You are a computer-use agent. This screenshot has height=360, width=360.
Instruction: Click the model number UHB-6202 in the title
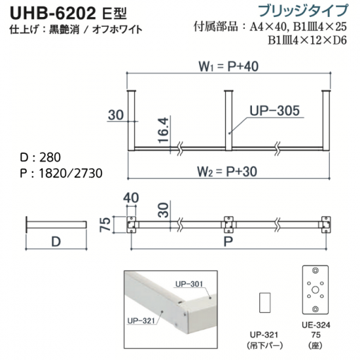point(53,13)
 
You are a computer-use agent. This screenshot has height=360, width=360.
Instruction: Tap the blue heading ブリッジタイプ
point(304,11)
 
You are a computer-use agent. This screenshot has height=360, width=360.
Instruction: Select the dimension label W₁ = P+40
point(228,66)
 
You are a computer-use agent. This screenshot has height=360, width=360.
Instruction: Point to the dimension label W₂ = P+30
point(227,171)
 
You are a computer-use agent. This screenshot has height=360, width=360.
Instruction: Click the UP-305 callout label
point(275,111)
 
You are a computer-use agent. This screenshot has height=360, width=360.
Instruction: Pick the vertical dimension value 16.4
point(164,130)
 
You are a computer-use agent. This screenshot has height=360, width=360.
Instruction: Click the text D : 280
point(41,158)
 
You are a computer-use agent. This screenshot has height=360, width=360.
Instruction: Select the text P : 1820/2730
point(61,173)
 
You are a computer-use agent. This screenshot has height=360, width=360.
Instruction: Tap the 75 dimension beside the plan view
point(105,225)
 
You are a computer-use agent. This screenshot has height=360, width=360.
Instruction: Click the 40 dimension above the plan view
point(131,198)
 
